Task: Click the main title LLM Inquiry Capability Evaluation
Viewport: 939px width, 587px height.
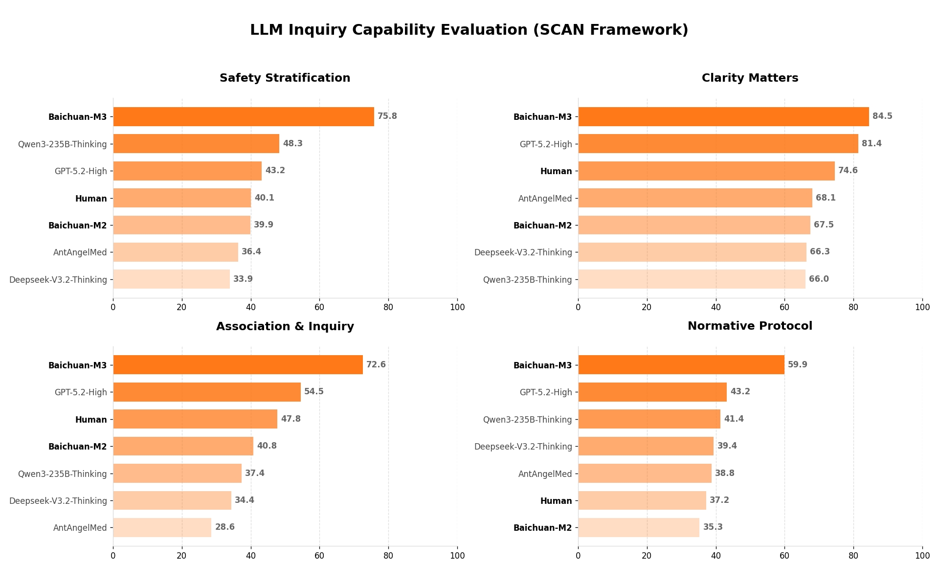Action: pos(469,30)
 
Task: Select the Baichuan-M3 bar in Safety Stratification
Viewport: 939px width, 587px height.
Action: pos(244,117)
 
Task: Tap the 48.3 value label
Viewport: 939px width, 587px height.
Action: pos(292,144)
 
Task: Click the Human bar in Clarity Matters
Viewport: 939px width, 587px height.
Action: pos(706,171)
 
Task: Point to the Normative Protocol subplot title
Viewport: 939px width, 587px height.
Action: pos(750,326)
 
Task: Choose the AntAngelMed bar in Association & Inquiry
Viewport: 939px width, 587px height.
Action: pos(162,528)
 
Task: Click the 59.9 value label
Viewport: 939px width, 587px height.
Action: pos(797,365)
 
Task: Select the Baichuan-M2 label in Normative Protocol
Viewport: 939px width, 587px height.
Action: pos(542,528)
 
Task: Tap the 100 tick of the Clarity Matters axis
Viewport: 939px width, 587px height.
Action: pos(922,308)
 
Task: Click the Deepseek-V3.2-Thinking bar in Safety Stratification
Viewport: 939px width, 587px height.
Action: pos(171,279)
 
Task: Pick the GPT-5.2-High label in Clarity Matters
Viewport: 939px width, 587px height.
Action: pos(545,144)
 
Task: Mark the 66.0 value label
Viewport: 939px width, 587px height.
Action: pos(819,279)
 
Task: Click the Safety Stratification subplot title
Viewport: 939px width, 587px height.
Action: pos(285,78)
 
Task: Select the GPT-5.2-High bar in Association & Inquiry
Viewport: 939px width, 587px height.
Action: pos(207,392)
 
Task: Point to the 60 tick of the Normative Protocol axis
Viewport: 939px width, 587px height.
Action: pos(784,556)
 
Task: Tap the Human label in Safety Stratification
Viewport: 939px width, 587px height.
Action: pos(91,199)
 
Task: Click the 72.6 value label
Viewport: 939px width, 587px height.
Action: pos(376,365)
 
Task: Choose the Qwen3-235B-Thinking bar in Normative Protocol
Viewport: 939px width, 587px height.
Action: pos(649,419)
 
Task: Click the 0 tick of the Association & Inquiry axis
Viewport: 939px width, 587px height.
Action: pos(113,556)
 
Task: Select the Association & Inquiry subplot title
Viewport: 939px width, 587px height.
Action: pos(285,327)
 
